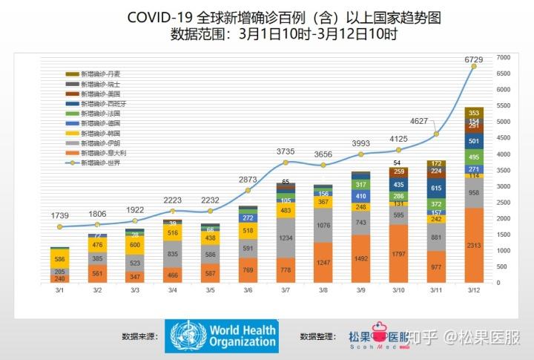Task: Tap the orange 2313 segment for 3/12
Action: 475,246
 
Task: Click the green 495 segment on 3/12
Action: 475,157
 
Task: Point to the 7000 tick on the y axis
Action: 503,58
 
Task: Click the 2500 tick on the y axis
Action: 503,203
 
